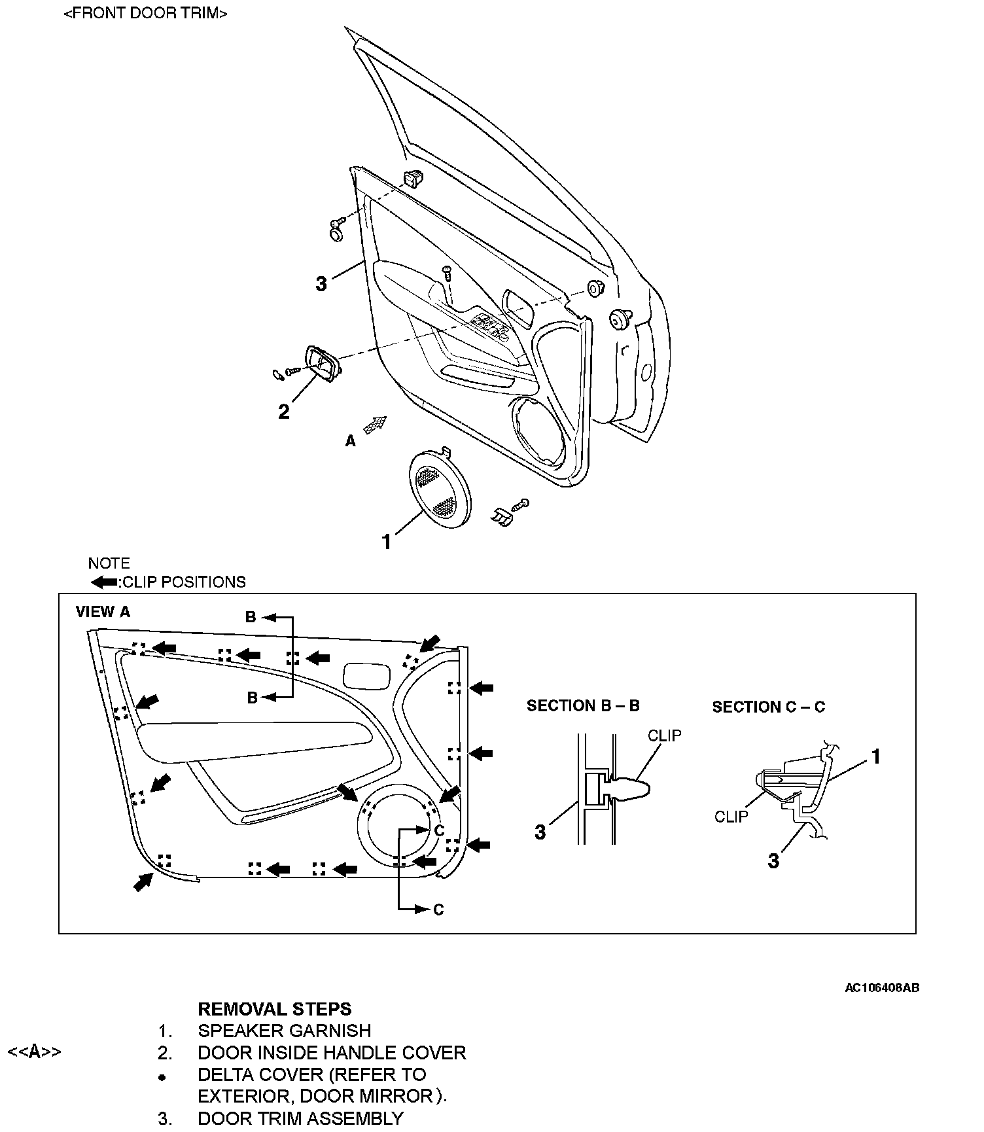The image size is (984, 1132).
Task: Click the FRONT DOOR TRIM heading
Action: (145, 13)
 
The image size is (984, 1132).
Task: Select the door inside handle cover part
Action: (321, 364)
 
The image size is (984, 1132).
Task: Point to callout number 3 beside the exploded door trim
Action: (321, 284)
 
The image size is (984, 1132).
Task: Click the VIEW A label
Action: (103, 612)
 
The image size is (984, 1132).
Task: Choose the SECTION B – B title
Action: (583, 705)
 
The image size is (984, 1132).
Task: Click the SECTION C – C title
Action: (769, 707)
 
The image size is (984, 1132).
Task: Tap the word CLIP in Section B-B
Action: (665, 735)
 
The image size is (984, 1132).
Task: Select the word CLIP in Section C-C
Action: (731, 817)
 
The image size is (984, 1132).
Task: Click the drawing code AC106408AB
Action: (882, 988)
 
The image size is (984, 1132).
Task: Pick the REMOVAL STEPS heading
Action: (275, 1009)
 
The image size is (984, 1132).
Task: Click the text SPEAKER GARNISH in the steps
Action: (285, 1031)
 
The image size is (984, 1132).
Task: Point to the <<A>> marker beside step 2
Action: (34, 1052)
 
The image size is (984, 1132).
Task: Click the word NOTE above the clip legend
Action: (109, 563)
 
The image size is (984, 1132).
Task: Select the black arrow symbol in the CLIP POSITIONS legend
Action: (103, 582)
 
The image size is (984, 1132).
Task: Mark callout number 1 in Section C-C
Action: (875, 757)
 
